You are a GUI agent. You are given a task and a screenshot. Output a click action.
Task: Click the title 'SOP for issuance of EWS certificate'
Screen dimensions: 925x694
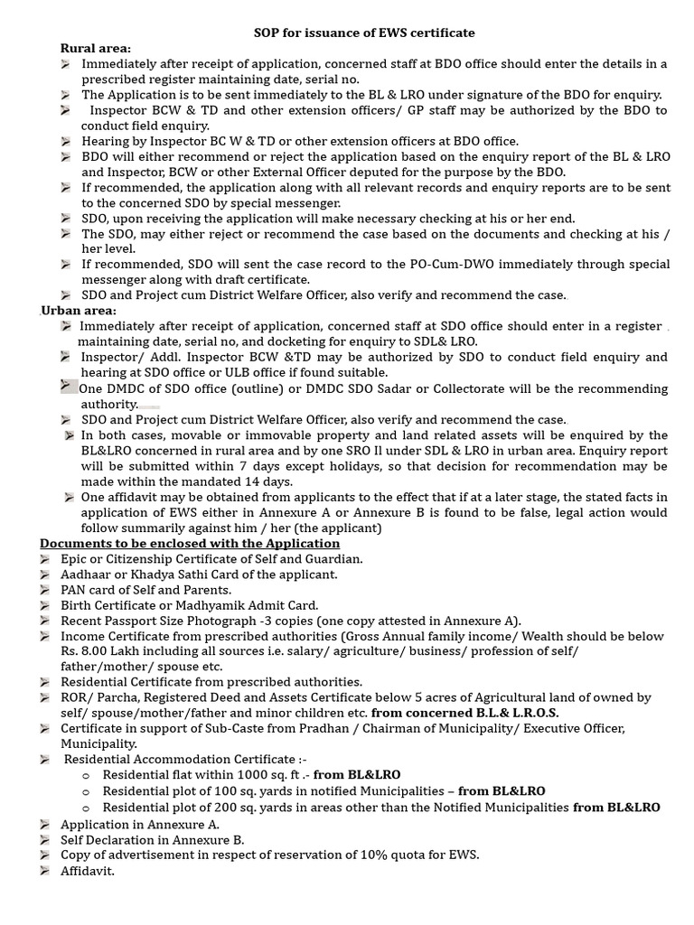(364, 33)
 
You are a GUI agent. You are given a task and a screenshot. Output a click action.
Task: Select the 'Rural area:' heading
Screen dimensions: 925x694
(95, 48)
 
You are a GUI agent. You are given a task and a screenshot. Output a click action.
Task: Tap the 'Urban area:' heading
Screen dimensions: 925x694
(78, 310)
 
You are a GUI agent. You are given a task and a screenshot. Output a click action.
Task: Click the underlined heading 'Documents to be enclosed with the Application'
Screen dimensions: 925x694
(190, 543)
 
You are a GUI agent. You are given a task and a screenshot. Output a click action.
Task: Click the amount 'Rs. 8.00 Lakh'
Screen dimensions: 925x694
(99, 651)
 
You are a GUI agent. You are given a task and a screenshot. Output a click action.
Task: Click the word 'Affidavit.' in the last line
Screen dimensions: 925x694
(88, 871)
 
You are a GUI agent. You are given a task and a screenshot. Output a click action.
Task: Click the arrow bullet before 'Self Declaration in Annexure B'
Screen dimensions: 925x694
(45, 839)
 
